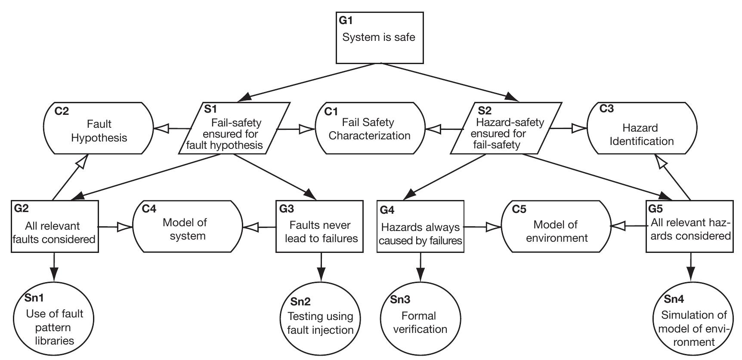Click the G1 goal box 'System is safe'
pos(379,38)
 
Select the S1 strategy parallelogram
pos(234,128)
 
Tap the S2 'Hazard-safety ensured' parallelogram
pos(506,128)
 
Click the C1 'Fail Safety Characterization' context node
pos(370,128)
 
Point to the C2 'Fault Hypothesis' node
pos(99,128)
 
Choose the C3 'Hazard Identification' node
pos(642,128)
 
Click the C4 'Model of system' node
pos(188,226)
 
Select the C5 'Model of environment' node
pos(556,226)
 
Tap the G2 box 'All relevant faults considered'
pos(55,226)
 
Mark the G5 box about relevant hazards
pos(690,226)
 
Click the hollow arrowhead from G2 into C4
pos(125,227)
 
